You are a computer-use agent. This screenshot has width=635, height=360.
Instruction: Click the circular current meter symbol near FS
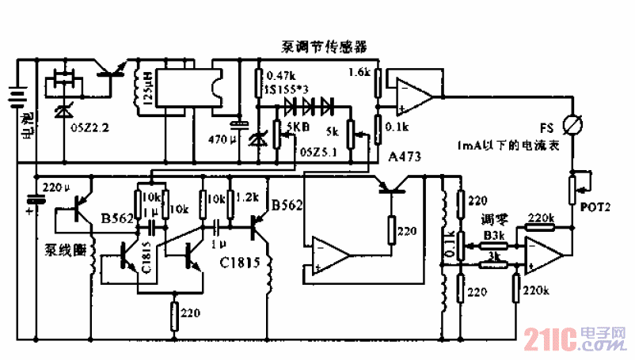[x=569, y=126]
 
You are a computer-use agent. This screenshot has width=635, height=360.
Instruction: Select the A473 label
[x=404, y=158]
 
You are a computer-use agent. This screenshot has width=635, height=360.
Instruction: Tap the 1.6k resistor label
[x=359, y=72]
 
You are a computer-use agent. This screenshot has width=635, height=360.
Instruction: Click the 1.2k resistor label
[x=248, y=195]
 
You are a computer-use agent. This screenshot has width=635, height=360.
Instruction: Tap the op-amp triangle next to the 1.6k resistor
[x=413, y=95]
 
